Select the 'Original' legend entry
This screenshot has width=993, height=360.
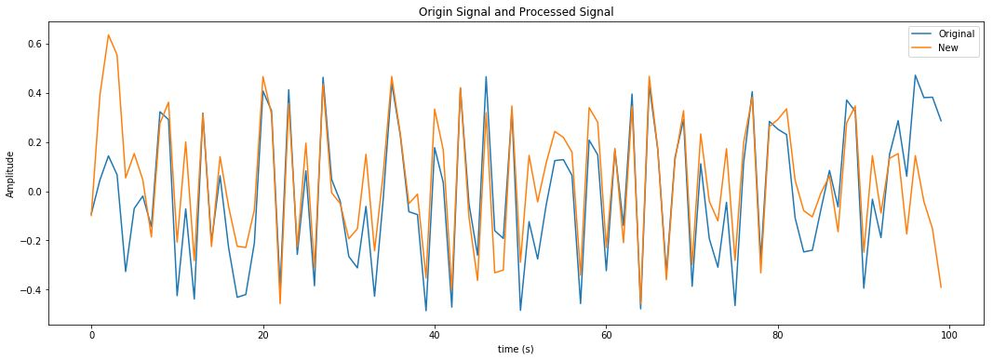point(956,33)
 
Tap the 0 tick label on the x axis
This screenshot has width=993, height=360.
point(91,332)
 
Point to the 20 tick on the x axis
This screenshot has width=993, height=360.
point(262,332)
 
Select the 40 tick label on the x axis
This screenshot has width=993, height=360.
point(435,332)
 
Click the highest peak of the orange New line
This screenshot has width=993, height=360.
point(108,35)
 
